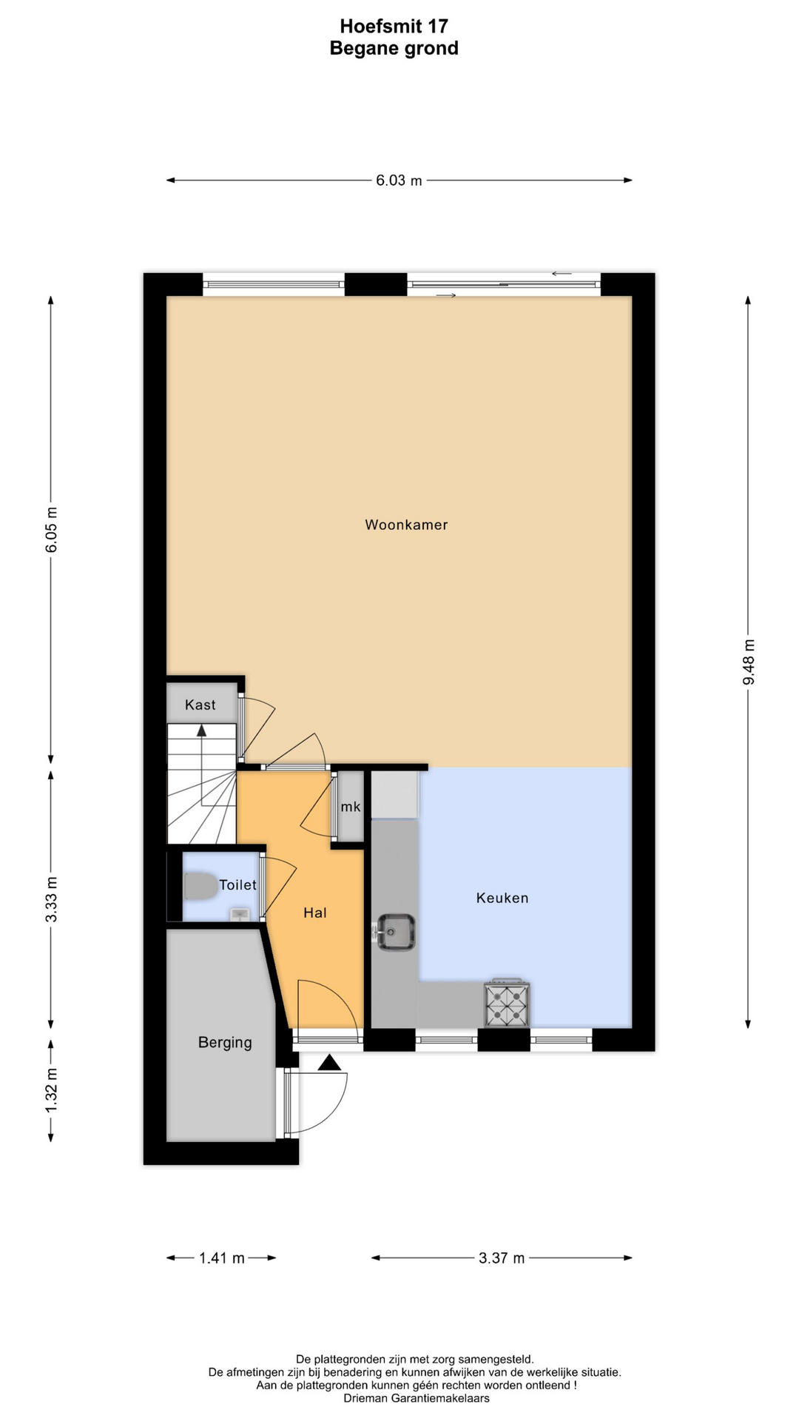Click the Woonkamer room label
tap(406, 525)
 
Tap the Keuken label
tap(502, 898)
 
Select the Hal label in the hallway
tap(315, 913)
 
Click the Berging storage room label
tap(225, 1043)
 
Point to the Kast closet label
tap(200, 705)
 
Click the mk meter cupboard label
tap(351, 807)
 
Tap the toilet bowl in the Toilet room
tap(199, 886)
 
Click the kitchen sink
tap(396, 933)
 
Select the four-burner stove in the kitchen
tap(507, 1004)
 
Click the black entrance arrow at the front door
tap(329, 1064)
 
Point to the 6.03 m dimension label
tap(399, 181)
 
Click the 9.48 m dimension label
tap(749, 662)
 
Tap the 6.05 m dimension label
tap(51, 530)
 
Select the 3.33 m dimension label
tap(51, 899)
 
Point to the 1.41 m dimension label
tap(221, 1258)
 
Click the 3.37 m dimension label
tap(502, 1258)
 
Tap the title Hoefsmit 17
tap(394, 27)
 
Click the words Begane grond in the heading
tap(394, 49)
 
